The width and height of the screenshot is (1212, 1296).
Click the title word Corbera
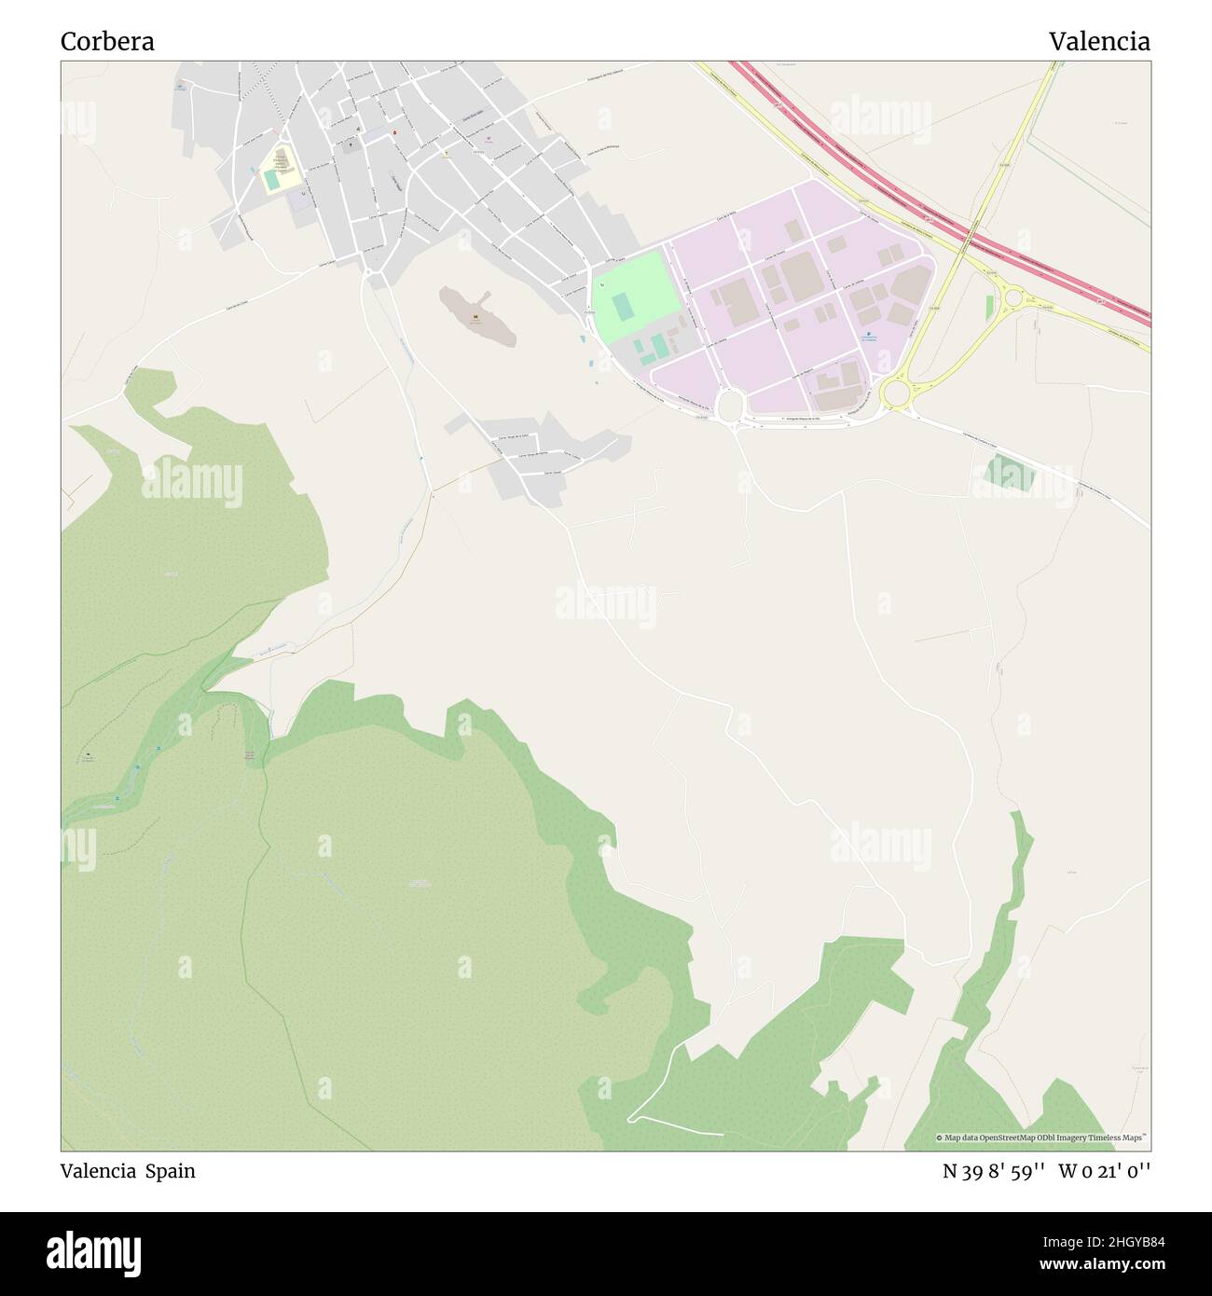point(107,42)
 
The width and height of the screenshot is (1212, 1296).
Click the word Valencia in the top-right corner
point(1098,42)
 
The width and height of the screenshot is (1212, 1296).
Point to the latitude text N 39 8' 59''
point(994,1171)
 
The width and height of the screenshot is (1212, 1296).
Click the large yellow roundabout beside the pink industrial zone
point(896,393)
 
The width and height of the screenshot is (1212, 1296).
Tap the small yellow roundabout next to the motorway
point(1014,299)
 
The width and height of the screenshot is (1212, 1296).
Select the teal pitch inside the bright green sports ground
point(622,305)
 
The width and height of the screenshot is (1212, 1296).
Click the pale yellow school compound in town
point(281,169)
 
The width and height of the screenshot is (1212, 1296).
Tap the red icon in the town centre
point(394,133)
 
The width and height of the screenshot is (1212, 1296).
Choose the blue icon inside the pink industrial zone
point(868,335)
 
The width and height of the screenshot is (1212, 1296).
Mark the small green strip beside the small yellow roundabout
point(989,308)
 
